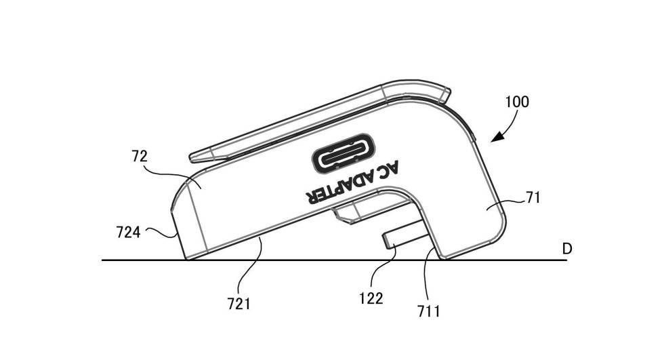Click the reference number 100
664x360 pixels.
[x=517, y=102]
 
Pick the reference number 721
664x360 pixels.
[x=238, y=304]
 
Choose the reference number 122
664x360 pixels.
[x=372, y=298]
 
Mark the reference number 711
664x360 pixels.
[x=429, y=312]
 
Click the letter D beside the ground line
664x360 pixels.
[x=567, y=249]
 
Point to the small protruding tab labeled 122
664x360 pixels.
[x=400, y=239]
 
